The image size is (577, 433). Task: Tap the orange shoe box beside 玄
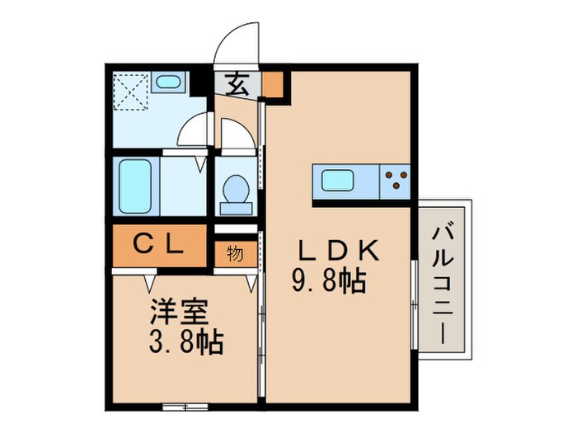[x=273, y=83]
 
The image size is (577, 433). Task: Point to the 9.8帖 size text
[x=327, y=283]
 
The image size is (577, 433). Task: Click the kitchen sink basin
[x=337, y=179]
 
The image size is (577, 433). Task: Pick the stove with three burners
[x=393, y=179]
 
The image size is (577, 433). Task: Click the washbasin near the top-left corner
[x=168, y=83]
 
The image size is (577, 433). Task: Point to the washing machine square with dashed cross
[x=129, y=92]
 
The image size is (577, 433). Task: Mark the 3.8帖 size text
[x=186, y=341]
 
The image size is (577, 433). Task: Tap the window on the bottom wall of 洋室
[x=184, y=406]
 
